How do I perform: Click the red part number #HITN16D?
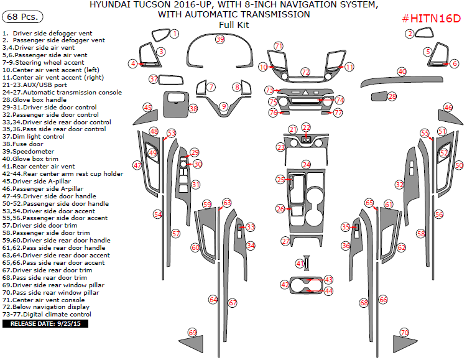coord(432,19)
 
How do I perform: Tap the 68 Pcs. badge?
coord(22,17)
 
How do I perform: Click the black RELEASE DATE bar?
coord(45,324)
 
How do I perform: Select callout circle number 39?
coord(220,39)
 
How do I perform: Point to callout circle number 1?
coord(175,34)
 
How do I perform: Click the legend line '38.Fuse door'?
coord(22,144)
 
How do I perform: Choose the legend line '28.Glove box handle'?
coord(34,99)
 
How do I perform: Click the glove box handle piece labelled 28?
coord(379,96)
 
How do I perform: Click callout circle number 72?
coord(305,72)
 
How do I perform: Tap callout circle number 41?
coord(300,264)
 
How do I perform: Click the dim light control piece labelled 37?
coord(170,80)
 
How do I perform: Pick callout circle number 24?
coord(306,165)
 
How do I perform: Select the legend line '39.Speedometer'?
coord(29,152)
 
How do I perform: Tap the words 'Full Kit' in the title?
coord(234,25)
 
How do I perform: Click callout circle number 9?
coord(224,106)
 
